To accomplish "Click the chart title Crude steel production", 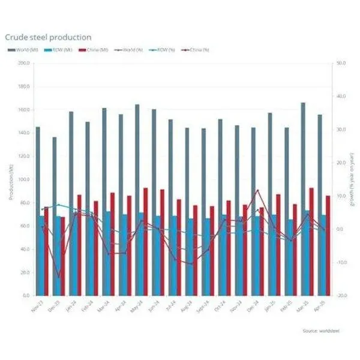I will (x=48, y=38).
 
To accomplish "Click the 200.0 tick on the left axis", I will (x=23, y=63).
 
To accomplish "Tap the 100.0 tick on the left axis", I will (x=23, y=179).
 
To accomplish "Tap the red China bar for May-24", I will (x=146, y=240).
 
